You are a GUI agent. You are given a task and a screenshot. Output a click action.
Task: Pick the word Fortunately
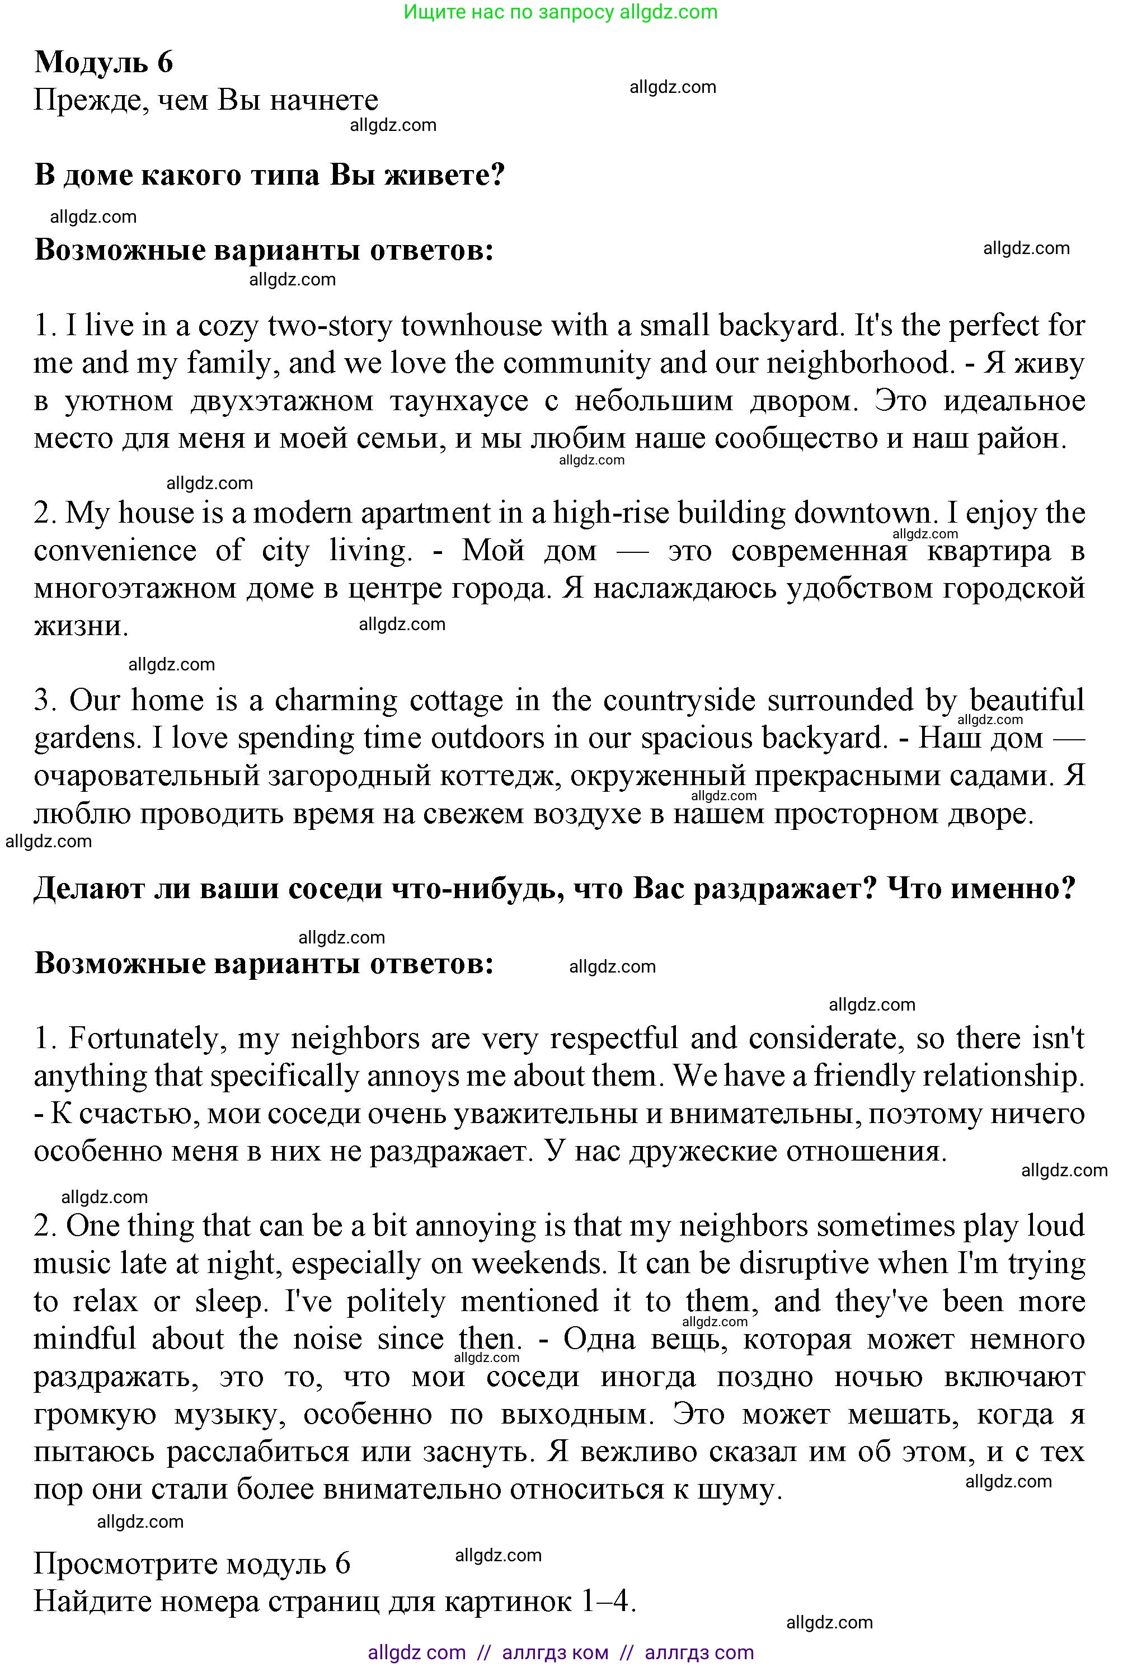point(142,1038)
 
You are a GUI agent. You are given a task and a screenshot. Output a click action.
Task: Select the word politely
point(396,1301)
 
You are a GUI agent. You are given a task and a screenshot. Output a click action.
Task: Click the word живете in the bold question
point(445,175)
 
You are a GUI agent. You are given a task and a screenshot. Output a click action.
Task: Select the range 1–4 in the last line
point(608,1602)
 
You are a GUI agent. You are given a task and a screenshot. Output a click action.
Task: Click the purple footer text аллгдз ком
point(555,1652)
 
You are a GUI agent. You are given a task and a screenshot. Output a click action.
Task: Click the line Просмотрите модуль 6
point(192,1564)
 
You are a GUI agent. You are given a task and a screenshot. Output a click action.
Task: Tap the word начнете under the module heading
point(324,100)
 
